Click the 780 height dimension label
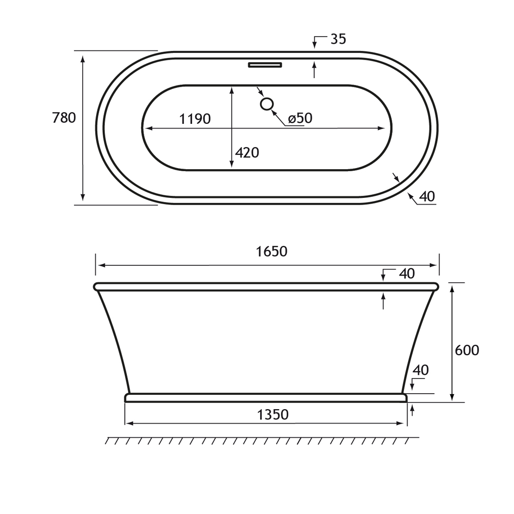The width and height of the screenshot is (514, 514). [x=64, y=118]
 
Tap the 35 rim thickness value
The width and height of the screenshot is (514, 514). [x=338, y=39]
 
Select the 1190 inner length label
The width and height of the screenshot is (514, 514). [x=195, y=119]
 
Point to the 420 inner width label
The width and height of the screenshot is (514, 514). [x=247, y=153]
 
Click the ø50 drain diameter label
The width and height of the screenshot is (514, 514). [x=300, y=118]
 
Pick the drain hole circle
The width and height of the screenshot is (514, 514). [x=266, y=104]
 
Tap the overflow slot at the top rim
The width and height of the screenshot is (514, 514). [x=265, y=65]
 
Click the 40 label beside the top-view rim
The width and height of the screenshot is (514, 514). [x=427, y=196]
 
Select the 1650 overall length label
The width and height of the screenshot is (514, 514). [x=271, y=251]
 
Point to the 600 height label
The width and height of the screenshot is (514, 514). [x=467, y=350]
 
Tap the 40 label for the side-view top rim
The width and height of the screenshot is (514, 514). [x=407, y=274]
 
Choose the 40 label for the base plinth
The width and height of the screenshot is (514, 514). [x=420, y=370]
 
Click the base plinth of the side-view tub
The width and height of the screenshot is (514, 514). [x=266, y=397]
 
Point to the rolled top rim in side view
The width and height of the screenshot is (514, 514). [x=266, y=286]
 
